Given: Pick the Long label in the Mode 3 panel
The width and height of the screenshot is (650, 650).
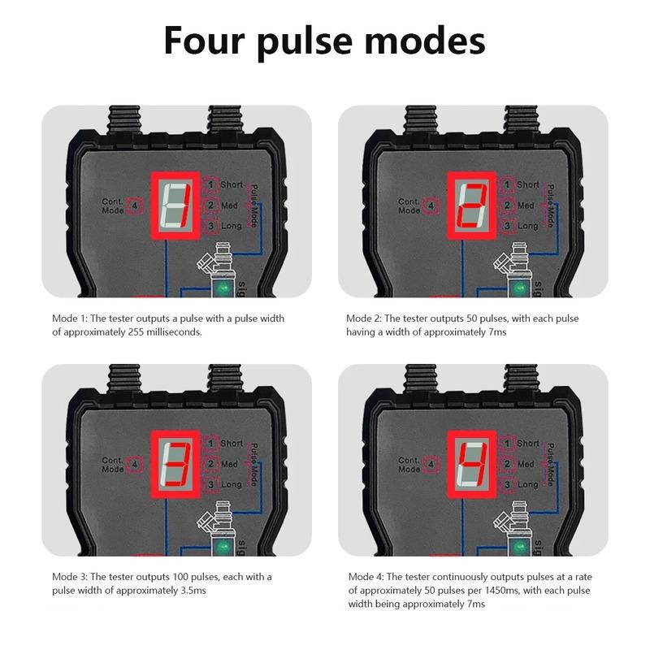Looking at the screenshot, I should [x=232, y=484].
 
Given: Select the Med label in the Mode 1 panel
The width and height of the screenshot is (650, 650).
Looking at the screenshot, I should [x=231, y=205].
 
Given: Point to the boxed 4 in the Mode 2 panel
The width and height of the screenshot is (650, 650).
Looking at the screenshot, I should [x=430, y=206].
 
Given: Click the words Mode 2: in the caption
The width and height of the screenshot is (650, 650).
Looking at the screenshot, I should [x=364, y=317].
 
